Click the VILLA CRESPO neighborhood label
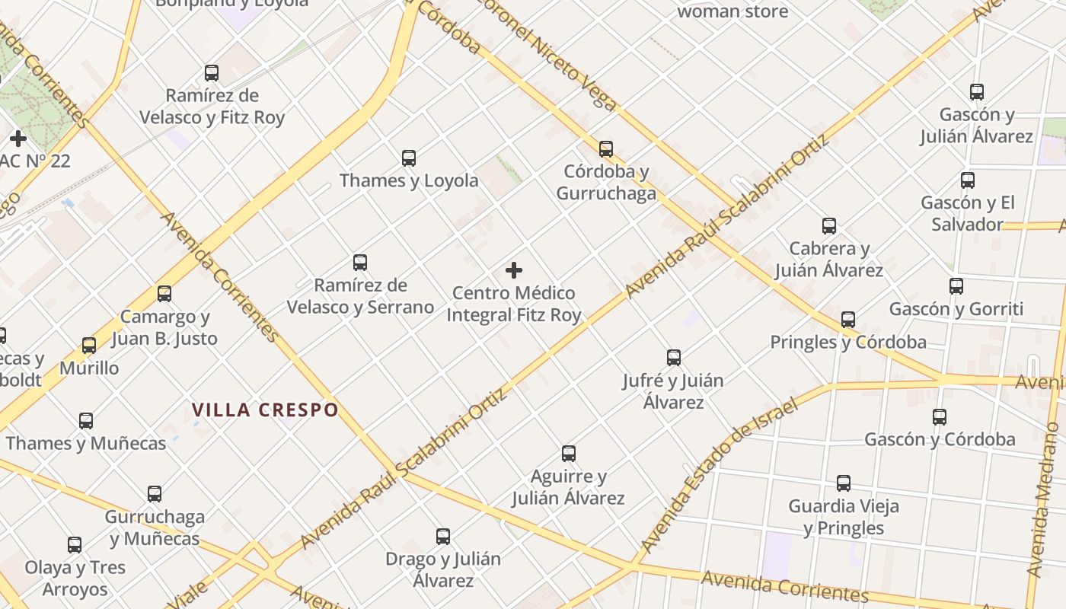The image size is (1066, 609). point(265,410)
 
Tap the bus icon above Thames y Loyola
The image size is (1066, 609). point(409,158)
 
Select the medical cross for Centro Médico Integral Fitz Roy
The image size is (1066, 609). point(514,270)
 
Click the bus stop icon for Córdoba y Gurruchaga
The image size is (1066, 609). point(606,149)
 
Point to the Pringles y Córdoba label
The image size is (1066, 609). point(848,342)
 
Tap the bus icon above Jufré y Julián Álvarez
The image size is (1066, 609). point(674,358)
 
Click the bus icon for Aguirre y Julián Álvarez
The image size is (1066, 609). point(569,454)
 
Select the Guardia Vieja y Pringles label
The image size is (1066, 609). point(844,517)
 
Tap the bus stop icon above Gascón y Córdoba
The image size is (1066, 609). point(940,417)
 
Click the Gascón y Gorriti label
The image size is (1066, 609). point(956,309)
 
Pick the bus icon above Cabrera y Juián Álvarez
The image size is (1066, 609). point(829,226)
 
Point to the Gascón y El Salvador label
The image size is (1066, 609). point(968,213)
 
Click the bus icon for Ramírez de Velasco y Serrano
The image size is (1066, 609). point(360,263)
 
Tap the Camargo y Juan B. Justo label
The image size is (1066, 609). point(164,327)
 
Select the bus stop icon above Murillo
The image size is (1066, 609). point(89,346)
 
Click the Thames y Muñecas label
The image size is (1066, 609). point(86,443)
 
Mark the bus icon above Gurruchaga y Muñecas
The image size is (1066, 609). point(155,494)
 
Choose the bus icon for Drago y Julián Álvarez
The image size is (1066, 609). point(443,537)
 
